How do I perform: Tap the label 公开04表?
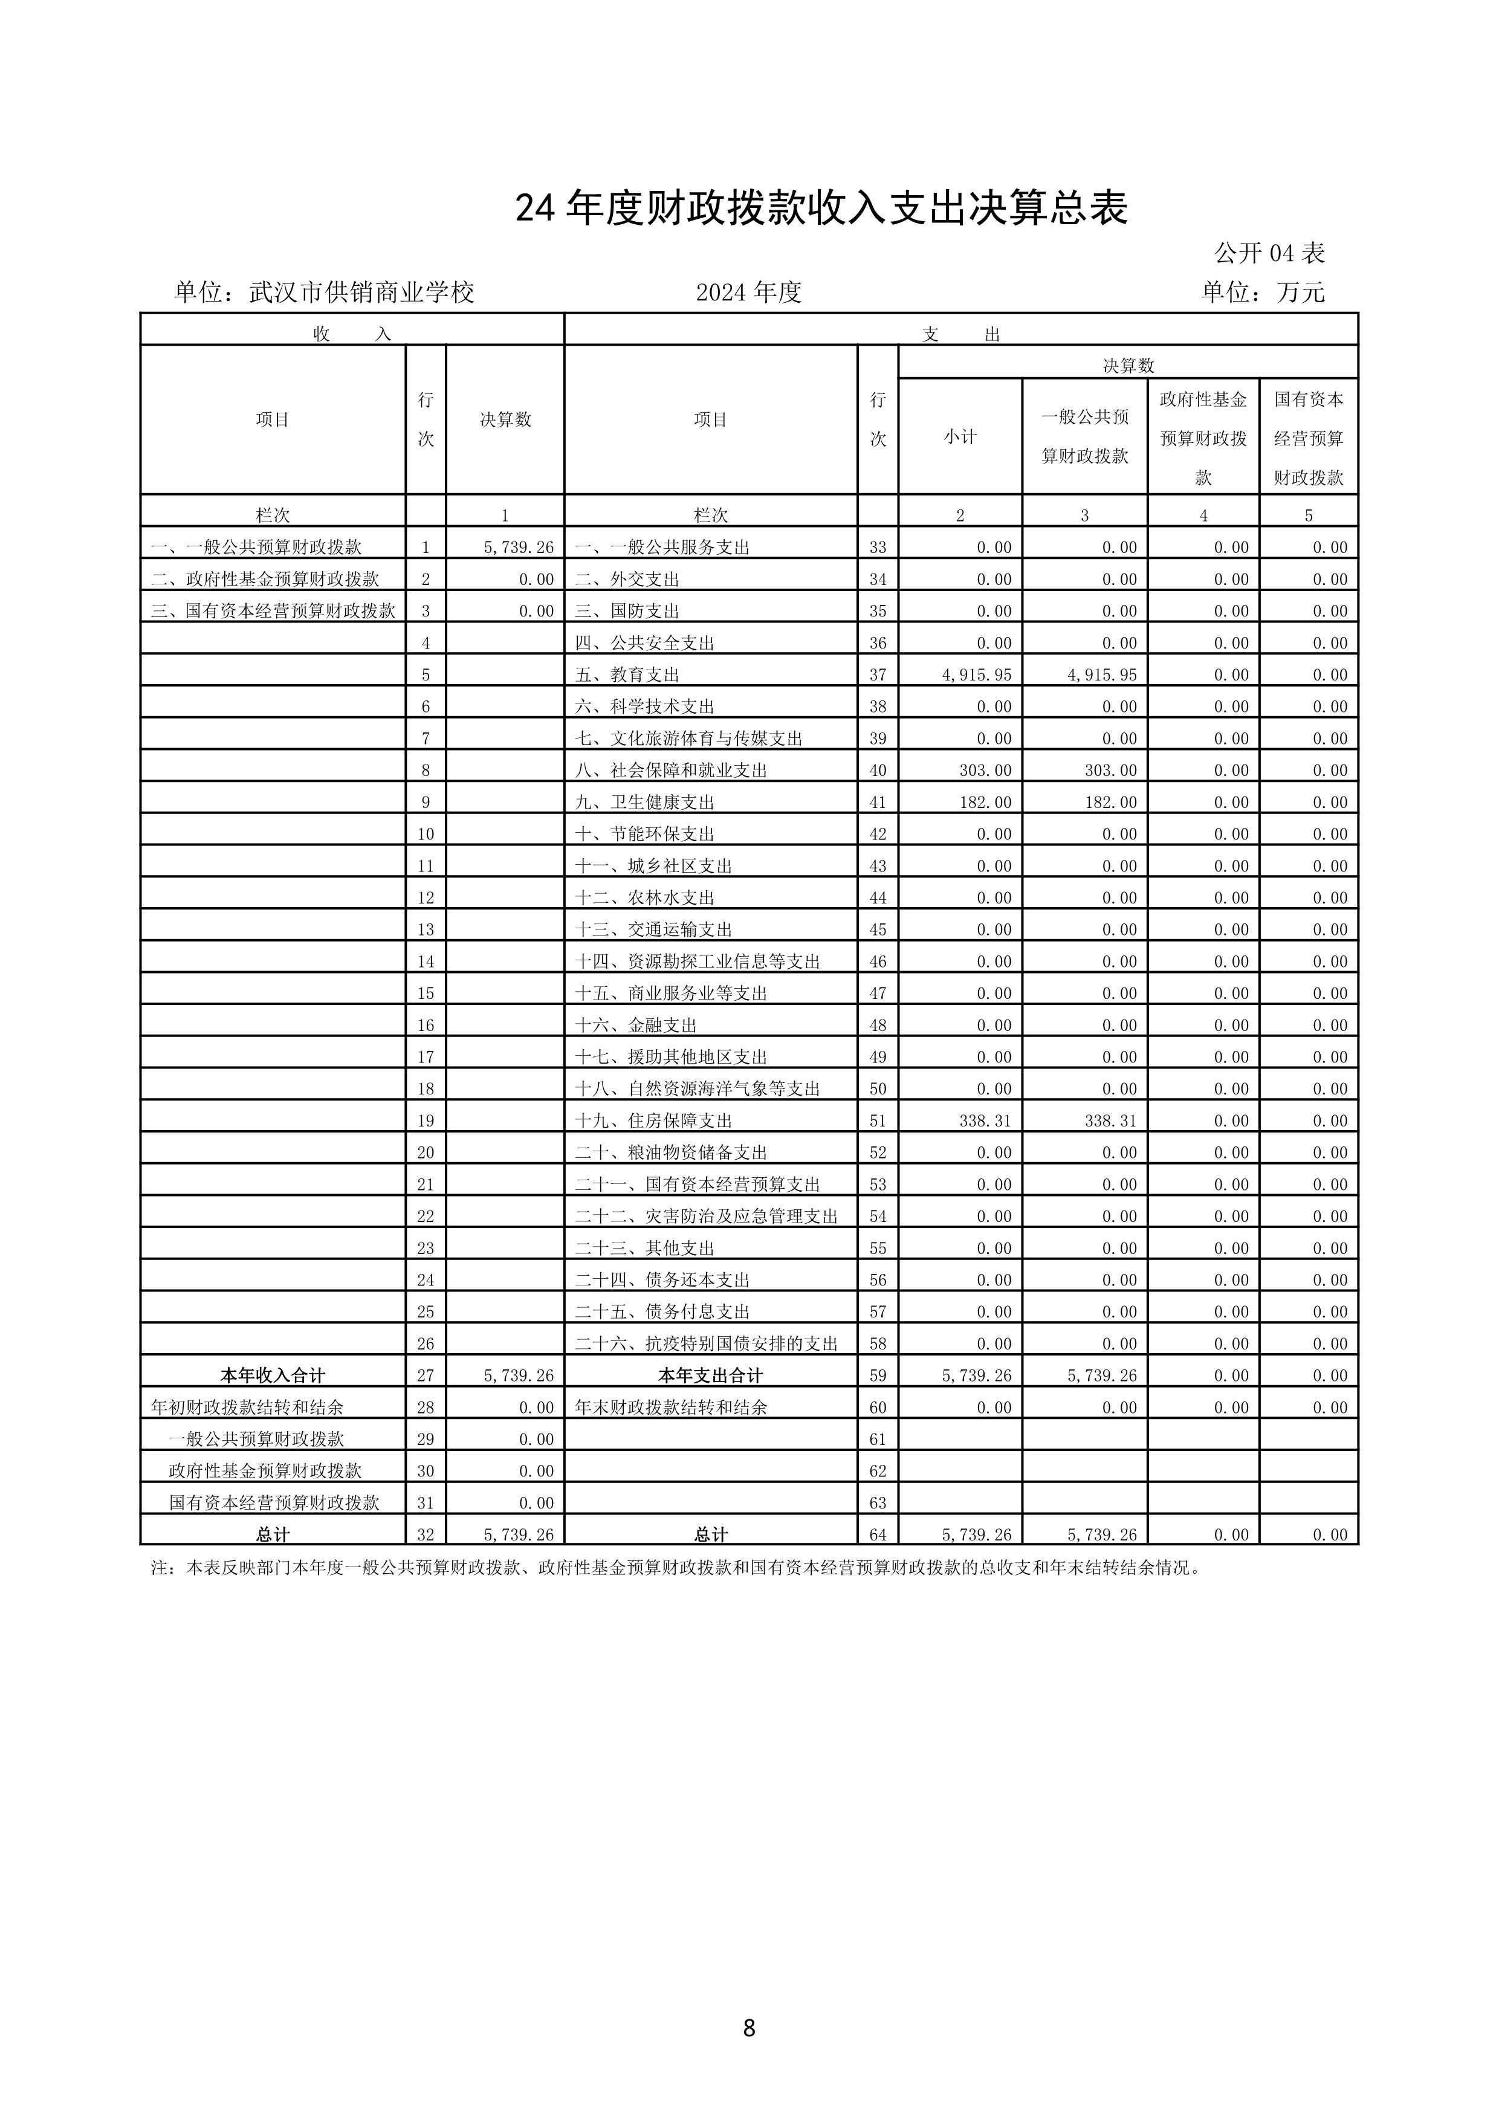[x=1269, y=253]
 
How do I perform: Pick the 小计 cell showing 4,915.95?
[x=976, y=675]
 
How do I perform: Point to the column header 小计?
[x=960, y=438]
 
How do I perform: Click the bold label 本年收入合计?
[x=273, y=1376]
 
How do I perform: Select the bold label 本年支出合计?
[x=710, y=1376]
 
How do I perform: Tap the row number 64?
[x=878, y=1534]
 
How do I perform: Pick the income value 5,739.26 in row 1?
[x=518, y=548]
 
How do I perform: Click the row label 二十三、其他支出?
[x=645, y=1249]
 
